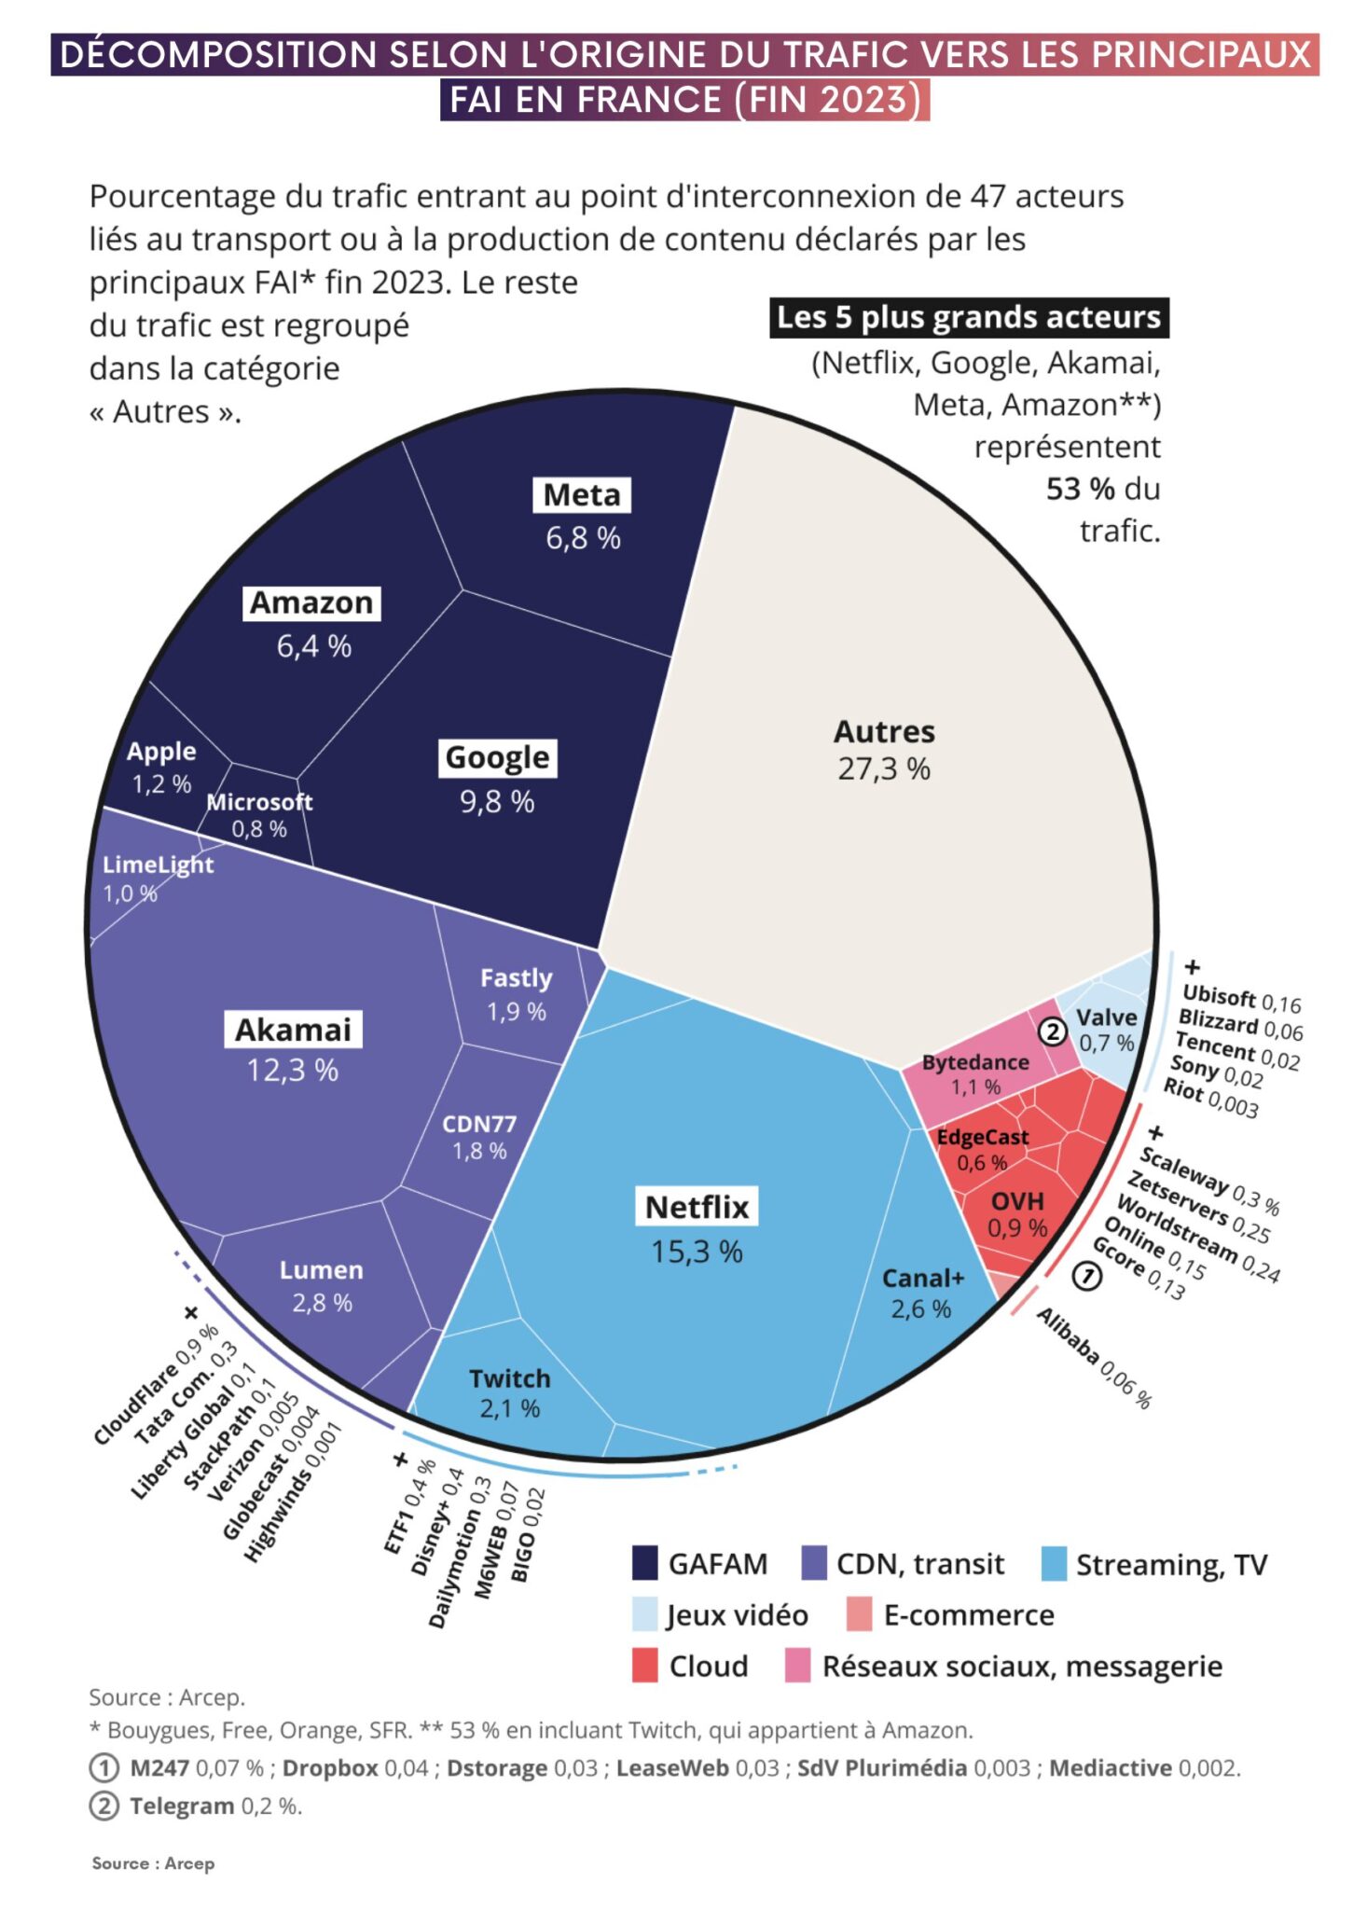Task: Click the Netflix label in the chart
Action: click(697, 1206)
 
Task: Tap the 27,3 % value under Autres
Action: click(883, 769)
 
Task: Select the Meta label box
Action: click(581, 494)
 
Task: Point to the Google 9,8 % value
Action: click(497, 801)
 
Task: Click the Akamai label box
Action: click(293, 1030)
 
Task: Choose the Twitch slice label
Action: click(509, 1378)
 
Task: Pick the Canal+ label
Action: click(922, 1278)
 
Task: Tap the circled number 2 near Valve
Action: click(1052, 1031)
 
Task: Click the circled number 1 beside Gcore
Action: click(1086, 1275)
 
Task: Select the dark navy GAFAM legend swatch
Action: click(645, 1564)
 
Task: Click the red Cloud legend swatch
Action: click(645, 1666)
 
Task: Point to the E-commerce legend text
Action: click(968, 1615)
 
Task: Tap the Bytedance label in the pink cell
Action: click(974, 1062)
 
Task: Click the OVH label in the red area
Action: click(1016, 1201)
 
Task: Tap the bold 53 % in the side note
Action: click(1080, 489)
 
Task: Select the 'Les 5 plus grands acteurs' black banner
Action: click(968, 317)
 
